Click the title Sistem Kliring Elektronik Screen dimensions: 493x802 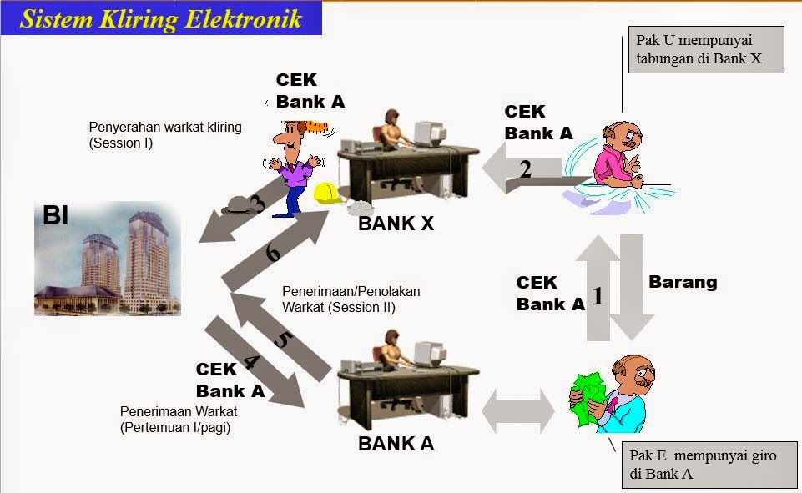(x=160, y=18)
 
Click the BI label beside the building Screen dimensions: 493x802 (x=56, y=218)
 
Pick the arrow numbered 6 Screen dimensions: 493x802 (x=275, y=251)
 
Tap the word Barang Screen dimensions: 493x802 (x=683, y=282)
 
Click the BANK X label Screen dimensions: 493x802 (x=396, y=224)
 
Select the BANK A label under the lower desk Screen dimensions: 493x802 (x=396, y=444)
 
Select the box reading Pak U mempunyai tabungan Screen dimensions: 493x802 (x=705, y=50)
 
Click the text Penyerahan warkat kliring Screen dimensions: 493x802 (x=164, y=134)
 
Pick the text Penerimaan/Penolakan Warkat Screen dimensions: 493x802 (x=351, y=299)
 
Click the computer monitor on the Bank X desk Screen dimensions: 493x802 (x=428, y=133)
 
